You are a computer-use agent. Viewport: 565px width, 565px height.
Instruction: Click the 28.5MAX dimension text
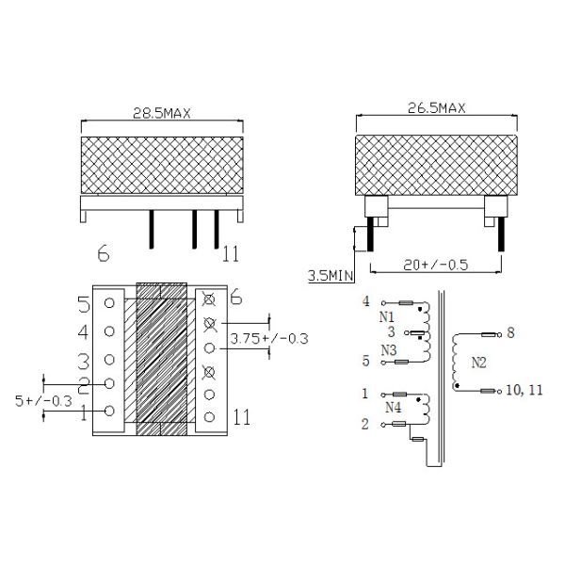161,114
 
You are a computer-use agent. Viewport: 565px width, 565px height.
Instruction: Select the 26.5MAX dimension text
436,108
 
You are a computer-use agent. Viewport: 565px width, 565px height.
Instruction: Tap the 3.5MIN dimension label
331,276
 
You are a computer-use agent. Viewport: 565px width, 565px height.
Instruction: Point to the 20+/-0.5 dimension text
436,266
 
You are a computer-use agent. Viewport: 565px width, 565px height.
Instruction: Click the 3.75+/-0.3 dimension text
269,339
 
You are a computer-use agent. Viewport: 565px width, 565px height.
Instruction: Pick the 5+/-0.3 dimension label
43,401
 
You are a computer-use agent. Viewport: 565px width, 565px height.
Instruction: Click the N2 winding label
479,363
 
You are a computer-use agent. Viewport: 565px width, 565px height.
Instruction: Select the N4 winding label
393,408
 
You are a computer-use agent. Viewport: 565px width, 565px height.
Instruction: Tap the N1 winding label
387,317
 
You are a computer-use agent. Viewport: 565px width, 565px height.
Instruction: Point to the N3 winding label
389,350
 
